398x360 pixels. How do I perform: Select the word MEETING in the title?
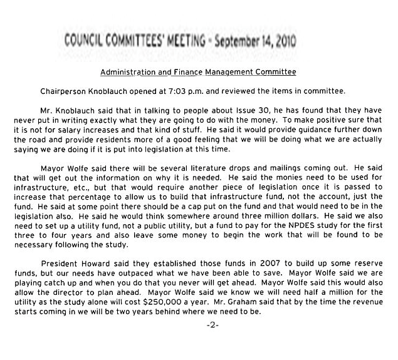[x=198, y=42]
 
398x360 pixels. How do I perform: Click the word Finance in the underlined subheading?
[x=191, y=72]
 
